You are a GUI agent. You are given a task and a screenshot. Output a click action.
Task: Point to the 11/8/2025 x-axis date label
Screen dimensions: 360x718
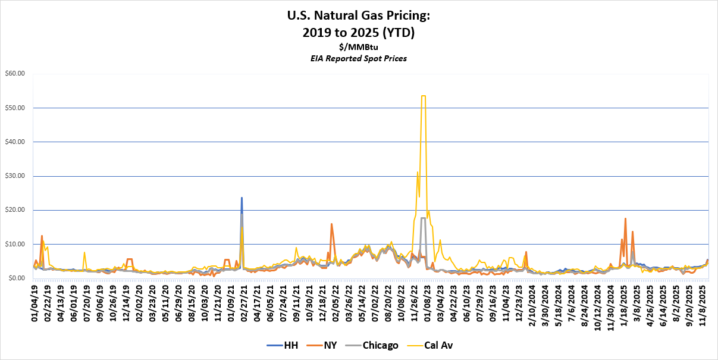coord(703,302)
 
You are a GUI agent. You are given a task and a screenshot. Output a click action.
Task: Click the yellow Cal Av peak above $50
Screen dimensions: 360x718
coord(423,96)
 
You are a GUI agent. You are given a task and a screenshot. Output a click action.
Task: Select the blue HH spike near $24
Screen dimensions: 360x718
coord(242,198)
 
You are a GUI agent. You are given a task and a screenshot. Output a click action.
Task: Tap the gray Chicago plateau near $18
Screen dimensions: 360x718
coord(423,218)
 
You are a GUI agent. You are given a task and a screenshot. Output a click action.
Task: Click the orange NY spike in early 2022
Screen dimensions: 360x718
coord(331,224)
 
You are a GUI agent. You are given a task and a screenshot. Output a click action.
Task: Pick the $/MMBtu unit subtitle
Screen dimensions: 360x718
coord(359,47)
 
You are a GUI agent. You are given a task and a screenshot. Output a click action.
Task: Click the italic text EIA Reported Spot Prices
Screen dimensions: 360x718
coord(359,58)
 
